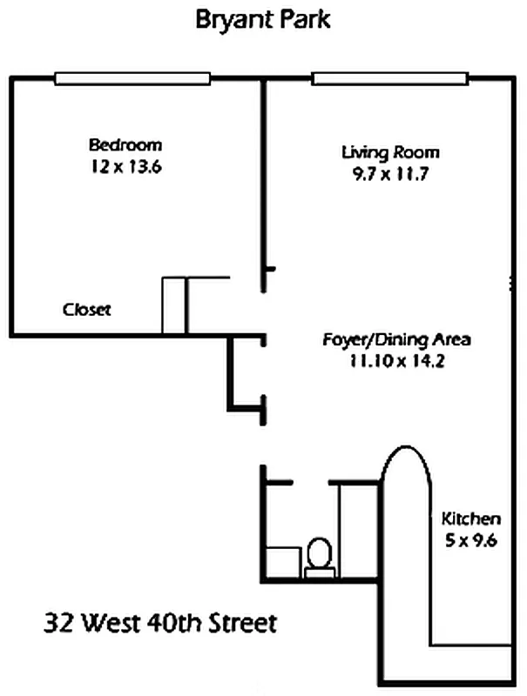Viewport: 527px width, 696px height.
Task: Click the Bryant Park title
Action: point(263,20)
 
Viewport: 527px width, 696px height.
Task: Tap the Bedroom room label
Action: point(125,144)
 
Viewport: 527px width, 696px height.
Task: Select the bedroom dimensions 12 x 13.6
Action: point(126,167)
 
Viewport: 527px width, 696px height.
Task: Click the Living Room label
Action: point(390,152)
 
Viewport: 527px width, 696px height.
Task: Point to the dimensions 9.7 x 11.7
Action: point(390,173)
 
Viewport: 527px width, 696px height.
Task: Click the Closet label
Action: point(86,310)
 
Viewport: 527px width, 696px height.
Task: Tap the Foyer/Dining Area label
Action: point(397,339)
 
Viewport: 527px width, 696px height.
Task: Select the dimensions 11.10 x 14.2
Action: point(397,361)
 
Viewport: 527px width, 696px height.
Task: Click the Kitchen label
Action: point(471,519)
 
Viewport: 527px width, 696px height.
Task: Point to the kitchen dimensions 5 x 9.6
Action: point(471,540)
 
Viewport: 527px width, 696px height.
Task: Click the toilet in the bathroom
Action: point(320,558)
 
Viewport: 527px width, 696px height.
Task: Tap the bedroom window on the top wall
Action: point(132,78)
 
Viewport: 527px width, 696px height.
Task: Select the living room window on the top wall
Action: point(390,78)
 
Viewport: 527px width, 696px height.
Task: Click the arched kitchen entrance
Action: point(406,446)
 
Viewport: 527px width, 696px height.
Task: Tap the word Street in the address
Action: point(243,622)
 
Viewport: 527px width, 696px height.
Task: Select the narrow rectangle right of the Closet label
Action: point(173,305)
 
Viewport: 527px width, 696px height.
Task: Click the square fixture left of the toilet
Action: point(283,562)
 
